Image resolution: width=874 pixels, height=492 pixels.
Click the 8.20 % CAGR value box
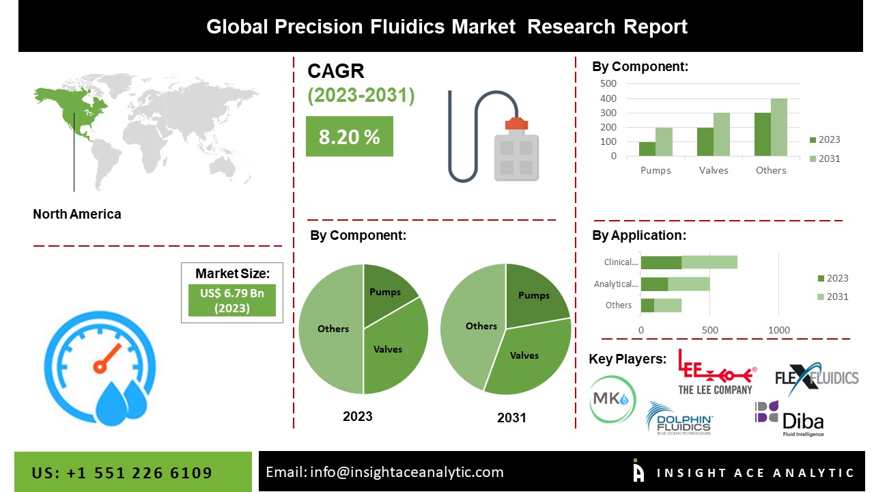click(x=349, y=137)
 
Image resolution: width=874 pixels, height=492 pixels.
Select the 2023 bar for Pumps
click(x=647, y=149)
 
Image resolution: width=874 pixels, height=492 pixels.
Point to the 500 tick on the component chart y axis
click(x=608, y=83)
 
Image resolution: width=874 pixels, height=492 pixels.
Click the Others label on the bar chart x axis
click(x=771, y=170)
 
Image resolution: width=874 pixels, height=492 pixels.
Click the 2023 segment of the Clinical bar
click(x=661, y=262)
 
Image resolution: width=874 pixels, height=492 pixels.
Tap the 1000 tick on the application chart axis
click(x=779, y=330)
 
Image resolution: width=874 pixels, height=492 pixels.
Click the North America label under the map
click(x=76, y=214)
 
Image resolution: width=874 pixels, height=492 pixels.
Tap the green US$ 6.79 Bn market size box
click(x=232, y=301)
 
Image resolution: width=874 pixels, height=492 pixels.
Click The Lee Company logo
click(x=715, y=372)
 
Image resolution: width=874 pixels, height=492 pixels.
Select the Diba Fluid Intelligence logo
click(x=789, y=418)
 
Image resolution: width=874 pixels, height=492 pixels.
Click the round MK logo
click(x=612, y=400)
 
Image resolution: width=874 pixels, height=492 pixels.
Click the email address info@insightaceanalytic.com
click(x=384, y=471)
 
